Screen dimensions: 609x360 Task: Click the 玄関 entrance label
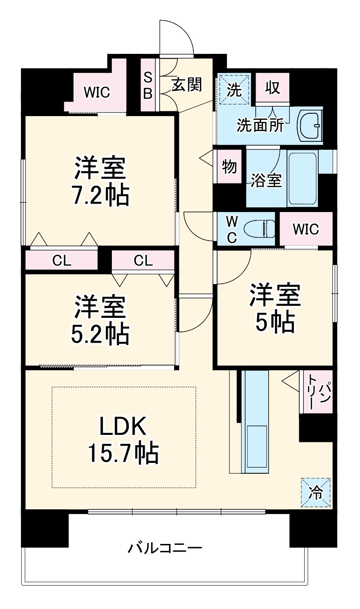[x=187, y=84]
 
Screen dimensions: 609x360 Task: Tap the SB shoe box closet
[x=147, y=85]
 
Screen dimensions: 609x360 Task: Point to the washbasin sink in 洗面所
[x=309, y=125]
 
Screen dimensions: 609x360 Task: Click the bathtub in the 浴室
[x=302, y=178]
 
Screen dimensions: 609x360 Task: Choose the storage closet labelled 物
[x=229, y=166]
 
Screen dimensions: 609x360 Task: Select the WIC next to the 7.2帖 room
[x=97, y=92]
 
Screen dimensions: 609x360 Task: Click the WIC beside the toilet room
[x=306, y=229]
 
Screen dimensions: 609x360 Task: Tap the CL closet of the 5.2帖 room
[x=143, y=261]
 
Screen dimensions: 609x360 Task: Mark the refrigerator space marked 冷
[x=316, y=492]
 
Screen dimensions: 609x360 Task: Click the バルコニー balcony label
[x=165, y=547]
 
